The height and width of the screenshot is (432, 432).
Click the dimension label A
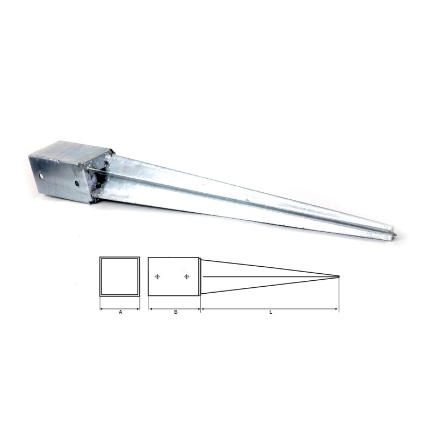click(x=120, y=312)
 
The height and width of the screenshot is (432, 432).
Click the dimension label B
click(x=176, y=312)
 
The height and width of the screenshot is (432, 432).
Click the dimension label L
click(x=271, y=312)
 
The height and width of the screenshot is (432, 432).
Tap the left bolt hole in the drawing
click(x=157, y=276)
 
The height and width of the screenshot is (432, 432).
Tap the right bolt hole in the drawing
click(x=186, y=276)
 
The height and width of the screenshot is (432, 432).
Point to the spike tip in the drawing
click(x=339, y=276)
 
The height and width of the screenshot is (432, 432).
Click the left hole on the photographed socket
click(x=41, y=175)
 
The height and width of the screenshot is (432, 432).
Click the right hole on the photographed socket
click(x=77, y=183)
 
